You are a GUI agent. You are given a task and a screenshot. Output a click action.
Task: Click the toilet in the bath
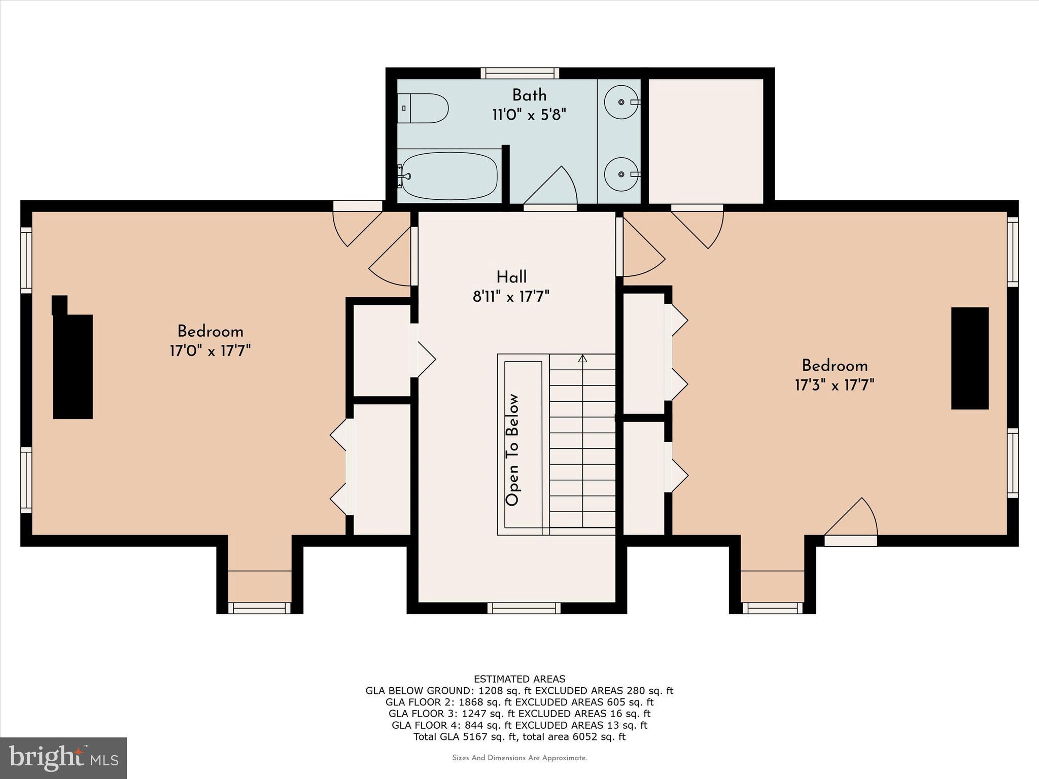[424, 108]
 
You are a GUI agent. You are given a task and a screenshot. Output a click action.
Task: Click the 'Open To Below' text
[512, 450]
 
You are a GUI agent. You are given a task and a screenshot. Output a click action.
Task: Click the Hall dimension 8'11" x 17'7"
[511, 296]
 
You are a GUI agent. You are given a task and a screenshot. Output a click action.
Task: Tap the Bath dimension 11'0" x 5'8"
[529, 115]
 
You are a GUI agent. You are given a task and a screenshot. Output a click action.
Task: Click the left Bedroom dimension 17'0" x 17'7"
[210, 351]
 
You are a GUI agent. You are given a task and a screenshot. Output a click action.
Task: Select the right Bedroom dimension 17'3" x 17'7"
[834, 385]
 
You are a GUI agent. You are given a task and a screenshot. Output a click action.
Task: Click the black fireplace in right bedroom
[969, 358]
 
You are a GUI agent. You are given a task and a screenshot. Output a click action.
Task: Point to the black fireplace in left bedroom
[73, 363]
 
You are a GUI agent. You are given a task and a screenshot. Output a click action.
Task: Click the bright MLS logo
[63, 758]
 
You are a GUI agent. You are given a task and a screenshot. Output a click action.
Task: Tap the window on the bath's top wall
[519, 74]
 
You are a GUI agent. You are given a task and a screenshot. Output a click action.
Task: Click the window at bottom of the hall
[524, 608]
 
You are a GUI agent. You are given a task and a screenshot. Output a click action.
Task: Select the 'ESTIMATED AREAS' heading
[519, 679]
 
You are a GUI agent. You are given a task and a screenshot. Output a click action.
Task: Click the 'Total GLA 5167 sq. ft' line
[519, 736]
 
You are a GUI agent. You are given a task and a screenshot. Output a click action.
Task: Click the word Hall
[511, 277]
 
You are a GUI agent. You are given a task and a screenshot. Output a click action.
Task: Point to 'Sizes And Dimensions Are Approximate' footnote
[519, 758]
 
